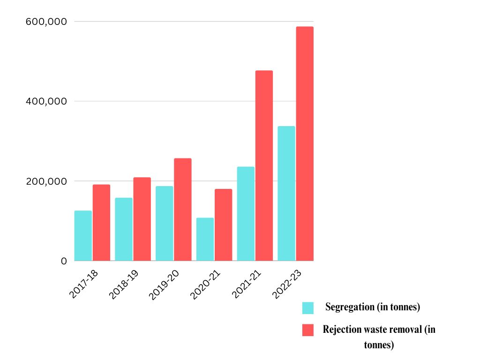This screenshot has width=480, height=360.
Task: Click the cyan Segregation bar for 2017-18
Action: tap(83, 235)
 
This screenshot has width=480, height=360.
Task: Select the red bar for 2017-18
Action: tap(101, 223)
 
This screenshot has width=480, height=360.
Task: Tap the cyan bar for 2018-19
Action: tap(124, 229)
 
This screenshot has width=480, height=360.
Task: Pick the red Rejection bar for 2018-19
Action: tap(142, 219)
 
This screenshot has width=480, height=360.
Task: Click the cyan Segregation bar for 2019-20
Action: tap(165, 223)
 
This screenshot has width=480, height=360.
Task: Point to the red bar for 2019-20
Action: tap(183, 210)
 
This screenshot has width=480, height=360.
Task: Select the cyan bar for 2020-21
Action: tap(205, 239)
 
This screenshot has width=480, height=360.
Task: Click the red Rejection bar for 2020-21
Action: tap(223, 225)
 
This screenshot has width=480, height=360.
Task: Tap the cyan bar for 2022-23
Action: tap(286, 193)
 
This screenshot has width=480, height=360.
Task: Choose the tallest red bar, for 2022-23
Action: tap(305, 143)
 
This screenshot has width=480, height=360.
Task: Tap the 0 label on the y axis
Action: tap(64, 261)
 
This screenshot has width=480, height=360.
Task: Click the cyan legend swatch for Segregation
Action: tap(308, 308)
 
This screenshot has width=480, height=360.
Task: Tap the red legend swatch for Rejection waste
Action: tap(308, 330)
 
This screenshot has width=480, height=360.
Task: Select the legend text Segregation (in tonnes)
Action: tap(372, 307)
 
